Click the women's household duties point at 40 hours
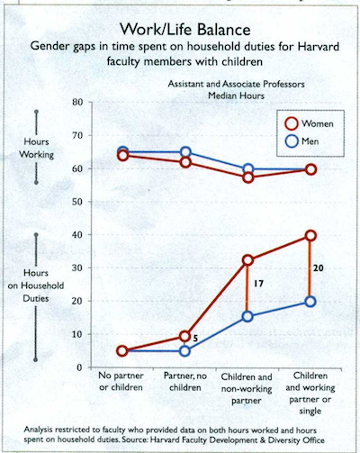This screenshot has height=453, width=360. (x=310, y=235)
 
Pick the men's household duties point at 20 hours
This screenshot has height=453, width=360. (x=310, y=302)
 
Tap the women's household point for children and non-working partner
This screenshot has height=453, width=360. (x=248, y=260)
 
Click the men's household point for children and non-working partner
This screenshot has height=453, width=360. (x=248, y=316)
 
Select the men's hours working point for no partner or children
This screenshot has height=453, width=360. (x=122, y=151)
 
